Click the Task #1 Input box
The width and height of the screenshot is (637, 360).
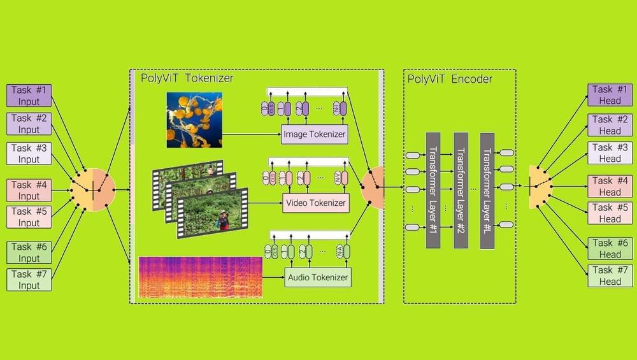pos(29,95)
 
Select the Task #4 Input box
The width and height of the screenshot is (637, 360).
pos(29,191)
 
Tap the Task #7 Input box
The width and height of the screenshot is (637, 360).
pos(29,280)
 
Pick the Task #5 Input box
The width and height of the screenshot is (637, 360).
pos(29,217)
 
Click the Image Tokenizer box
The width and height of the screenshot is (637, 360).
pos(314,134)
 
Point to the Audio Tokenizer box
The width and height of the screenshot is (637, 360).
pos(317,277)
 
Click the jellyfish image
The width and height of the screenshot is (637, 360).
pos(194,120)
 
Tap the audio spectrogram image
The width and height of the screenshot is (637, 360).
pos(200,277)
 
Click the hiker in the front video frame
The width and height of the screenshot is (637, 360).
pos(222,220)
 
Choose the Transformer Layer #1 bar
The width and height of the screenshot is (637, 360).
pos(433,190)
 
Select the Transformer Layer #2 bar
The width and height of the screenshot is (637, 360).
pos(461,190)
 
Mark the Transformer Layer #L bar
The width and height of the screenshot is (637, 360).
pos(487,190)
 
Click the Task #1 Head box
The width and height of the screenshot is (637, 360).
pos(610,95)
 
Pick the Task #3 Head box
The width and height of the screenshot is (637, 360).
pos(610,153)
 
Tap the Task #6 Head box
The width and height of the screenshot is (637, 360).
pos(610,248)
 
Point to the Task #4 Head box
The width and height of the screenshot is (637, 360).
pos(610,186)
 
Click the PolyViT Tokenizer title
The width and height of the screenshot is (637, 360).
pos(187,78)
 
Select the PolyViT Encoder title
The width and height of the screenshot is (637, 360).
pos(449,79)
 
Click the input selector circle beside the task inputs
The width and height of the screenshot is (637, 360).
pos(93,190)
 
